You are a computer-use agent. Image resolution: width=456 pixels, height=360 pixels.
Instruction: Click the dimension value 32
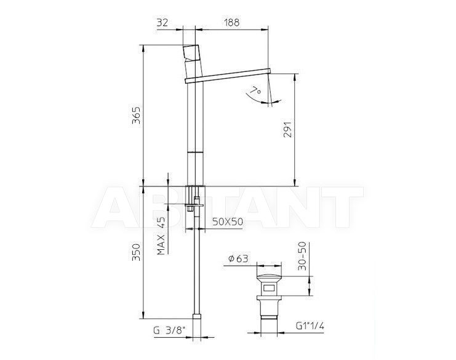point(162,22)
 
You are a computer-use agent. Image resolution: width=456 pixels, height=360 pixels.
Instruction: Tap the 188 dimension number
point(232,22)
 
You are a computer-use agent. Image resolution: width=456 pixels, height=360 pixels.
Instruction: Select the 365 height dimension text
point(136,116)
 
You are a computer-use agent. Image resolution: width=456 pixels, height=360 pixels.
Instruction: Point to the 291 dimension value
point(287,129)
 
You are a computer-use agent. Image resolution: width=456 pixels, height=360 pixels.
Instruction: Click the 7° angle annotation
point(256,90)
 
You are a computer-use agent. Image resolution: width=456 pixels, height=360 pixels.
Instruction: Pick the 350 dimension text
point(136,252)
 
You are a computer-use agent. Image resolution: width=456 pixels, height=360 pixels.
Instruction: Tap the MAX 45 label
point(161,236)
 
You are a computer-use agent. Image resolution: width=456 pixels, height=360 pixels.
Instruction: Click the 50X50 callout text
point(228,222)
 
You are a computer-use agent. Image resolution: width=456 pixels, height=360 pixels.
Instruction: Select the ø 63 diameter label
point(238,258)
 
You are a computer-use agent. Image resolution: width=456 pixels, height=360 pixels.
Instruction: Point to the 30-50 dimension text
point(302,256)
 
